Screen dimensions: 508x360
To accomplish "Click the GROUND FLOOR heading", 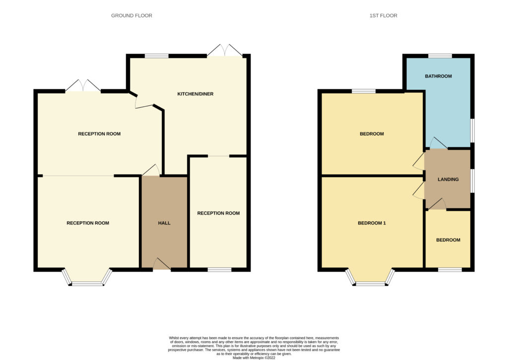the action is click(131, 15).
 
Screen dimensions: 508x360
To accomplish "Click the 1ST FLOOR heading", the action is click(383, 15).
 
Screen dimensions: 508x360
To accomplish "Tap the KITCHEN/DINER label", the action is click(195, 94).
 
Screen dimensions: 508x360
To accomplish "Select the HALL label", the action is click(164, 223).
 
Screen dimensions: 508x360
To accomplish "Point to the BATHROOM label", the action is click(439, 76).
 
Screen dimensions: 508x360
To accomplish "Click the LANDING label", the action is click(448, 179).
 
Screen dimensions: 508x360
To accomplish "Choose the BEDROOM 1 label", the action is click(372, 223).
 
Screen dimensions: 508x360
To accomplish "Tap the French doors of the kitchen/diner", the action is click(225, 51).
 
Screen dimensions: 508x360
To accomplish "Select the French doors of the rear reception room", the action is click(83, 85).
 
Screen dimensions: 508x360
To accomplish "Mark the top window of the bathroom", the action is click(440, 56).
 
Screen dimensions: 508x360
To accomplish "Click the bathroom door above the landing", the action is click(439, 144).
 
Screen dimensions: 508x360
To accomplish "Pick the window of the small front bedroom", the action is click(450, 270).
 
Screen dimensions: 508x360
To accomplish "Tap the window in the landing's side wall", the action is click(472, 180).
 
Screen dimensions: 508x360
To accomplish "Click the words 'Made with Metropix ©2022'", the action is click(254, 358).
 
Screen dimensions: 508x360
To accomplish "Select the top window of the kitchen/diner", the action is click(157, 56).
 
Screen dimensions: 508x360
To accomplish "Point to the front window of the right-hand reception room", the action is click(220, 270).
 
